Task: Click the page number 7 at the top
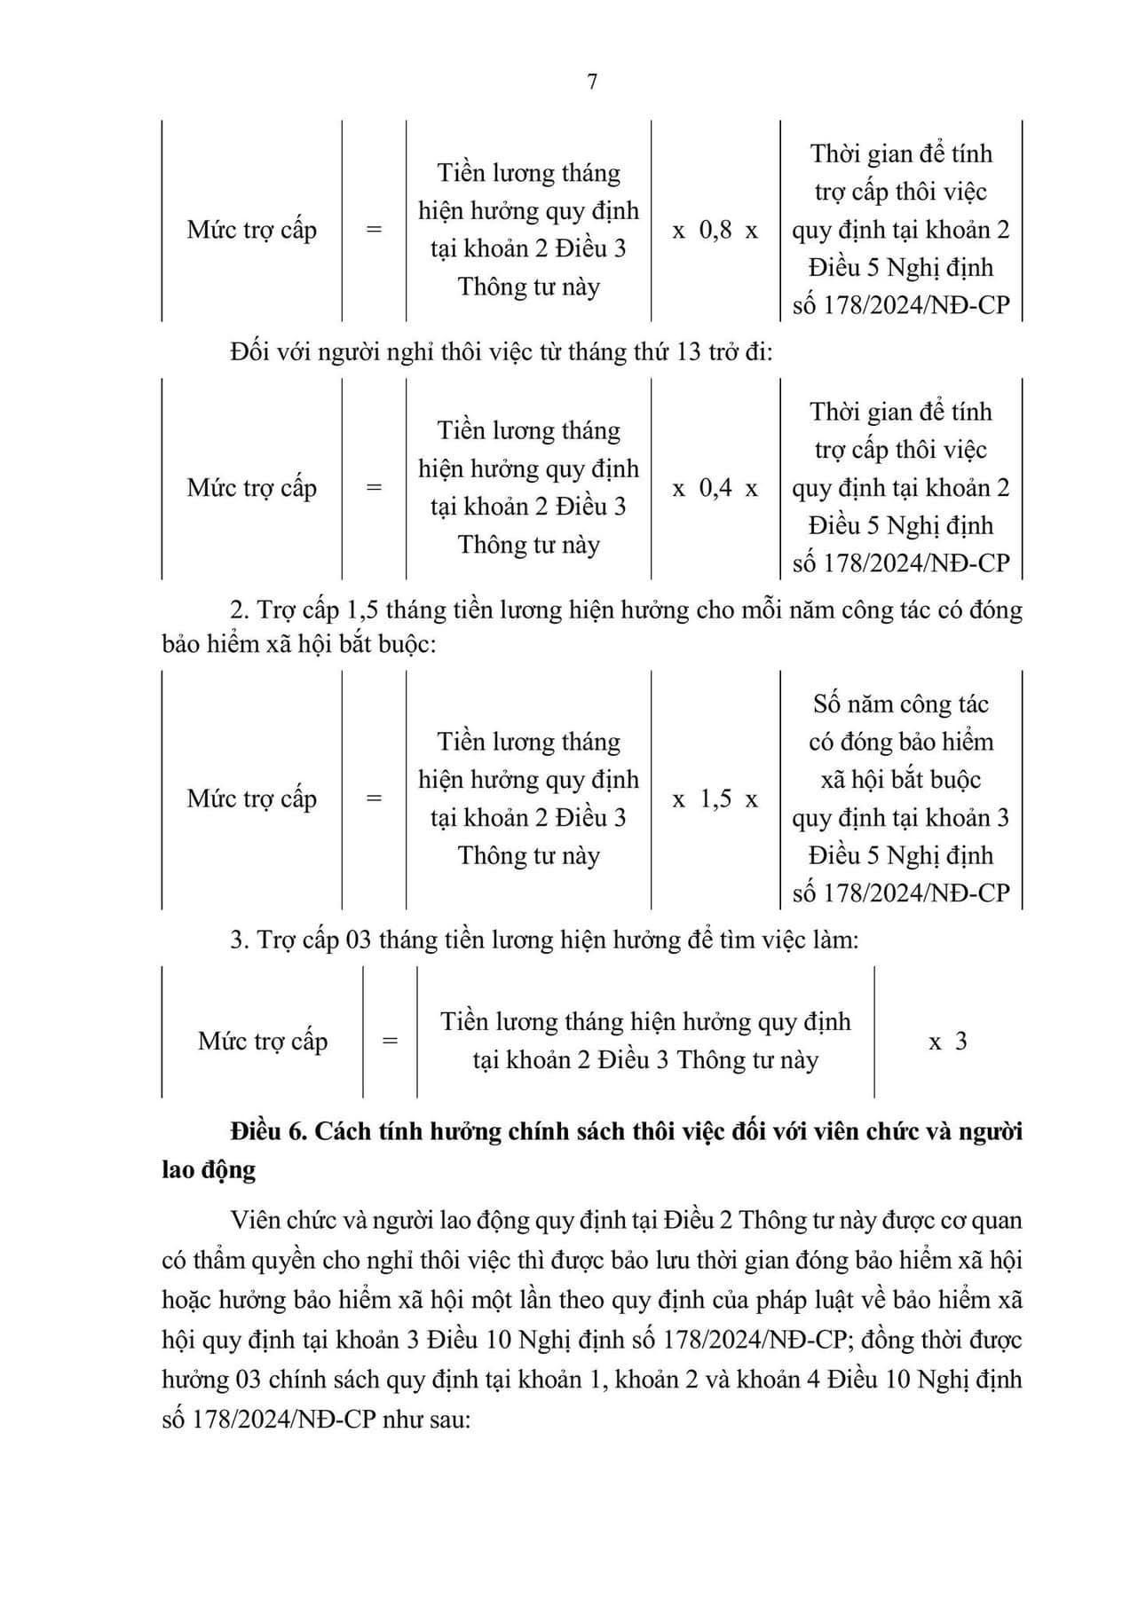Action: coord(592,82)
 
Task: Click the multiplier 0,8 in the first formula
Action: coord(715,231)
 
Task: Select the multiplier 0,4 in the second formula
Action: coord(715,488)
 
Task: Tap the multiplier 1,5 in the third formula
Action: coord(715,799)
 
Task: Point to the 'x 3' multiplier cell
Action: coord(947,1042)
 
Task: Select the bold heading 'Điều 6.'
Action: coord(267,1132)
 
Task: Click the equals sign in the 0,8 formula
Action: coord(374,231)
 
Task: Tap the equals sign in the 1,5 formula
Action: coord(374,799)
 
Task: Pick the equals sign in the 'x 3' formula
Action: coord(390,1042)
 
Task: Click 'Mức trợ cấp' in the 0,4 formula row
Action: coord(251,488)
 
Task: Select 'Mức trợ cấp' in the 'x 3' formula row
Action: coord(263,1042)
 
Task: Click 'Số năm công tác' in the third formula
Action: coord(900,704)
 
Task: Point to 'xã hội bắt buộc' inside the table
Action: coord(900,780)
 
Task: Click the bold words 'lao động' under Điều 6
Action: coord(209,1170)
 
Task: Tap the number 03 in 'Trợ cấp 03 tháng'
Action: coord(357,940)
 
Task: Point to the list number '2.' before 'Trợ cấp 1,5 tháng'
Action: coord(238,611)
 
